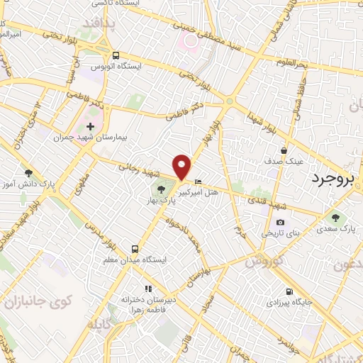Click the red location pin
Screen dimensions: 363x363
pos(183,166)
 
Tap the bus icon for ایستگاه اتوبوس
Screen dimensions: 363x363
pos(115,55)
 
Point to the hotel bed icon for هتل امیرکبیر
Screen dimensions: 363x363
pos(198,182)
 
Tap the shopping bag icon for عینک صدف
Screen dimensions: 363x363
pos(284,150)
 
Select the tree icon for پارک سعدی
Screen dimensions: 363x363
pos(335,218)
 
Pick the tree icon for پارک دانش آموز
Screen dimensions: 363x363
pos(28,173)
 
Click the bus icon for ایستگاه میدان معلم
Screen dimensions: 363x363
pos(134,249)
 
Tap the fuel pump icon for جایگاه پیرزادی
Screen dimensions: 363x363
pos(289,291)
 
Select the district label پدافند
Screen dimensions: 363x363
pos(108,24)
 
